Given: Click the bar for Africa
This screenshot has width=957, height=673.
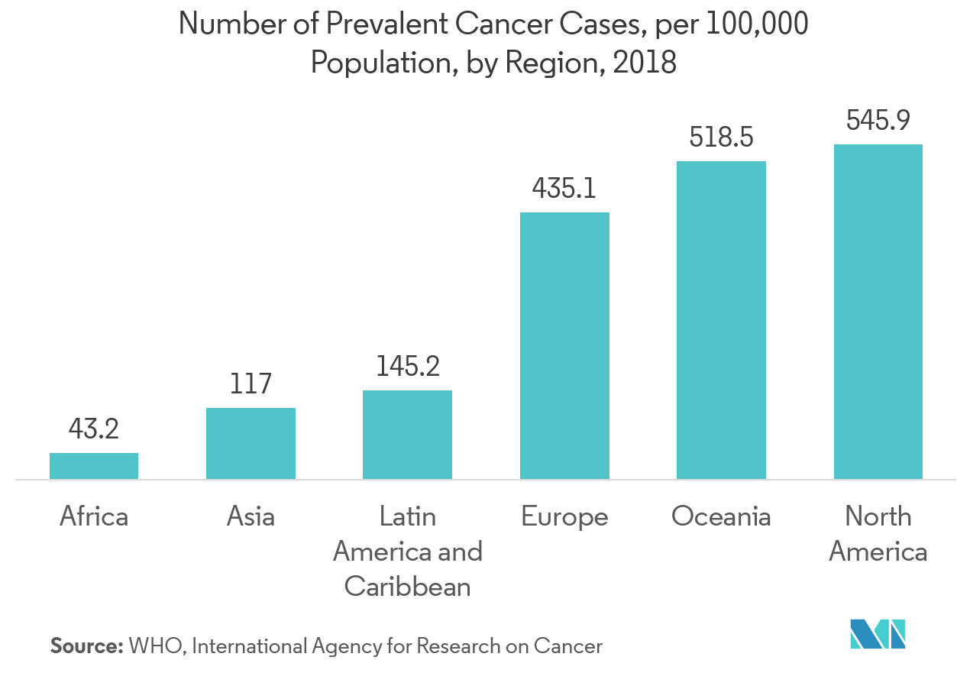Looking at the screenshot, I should coord(94,466).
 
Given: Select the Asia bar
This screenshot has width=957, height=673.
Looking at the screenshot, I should coord(251,443).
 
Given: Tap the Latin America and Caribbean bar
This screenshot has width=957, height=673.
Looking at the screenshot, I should coord(407,435).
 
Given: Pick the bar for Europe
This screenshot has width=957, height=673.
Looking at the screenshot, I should coord(564,345).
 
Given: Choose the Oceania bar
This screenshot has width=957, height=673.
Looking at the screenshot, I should coord(721,320).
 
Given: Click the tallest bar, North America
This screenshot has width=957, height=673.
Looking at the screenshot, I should coord(878,312).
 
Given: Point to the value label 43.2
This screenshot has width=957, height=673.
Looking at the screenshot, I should coord(94,429).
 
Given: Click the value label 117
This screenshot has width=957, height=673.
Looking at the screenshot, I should coord(251,383).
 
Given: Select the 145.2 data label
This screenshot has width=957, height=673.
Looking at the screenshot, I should coord(407,367).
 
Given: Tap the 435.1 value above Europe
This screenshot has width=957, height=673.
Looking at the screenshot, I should coord(564,188).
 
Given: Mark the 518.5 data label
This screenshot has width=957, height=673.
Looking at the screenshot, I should coord(721,138).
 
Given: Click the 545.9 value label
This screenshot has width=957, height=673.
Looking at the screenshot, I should coord(878,120).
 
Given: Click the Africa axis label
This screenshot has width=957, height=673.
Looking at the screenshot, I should coord(94,517).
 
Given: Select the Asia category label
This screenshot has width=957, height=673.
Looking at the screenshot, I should coord(251,517).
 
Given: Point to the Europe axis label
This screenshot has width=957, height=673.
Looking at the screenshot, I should coord(564,517).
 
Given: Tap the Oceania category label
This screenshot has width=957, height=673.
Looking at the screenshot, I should coord(721,517).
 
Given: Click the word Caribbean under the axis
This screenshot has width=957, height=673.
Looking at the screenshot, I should coord(407,586).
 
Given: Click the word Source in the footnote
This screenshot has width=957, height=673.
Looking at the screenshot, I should coord(86,646).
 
